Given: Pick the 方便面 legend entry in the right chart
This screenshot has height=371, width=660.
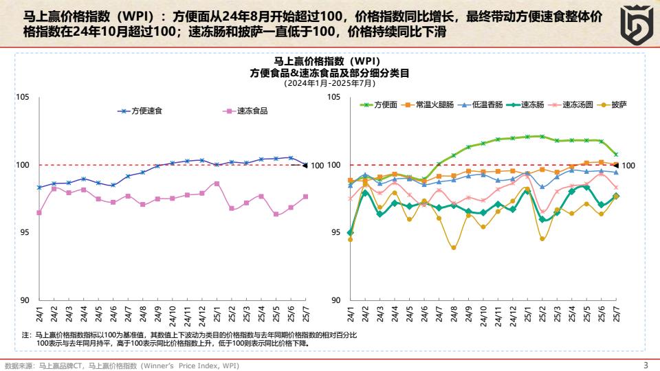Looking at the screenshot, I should click(x=385, y=105).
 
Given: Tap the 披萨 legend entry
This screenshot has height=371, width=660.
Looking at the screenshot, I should click(x=618, y=105).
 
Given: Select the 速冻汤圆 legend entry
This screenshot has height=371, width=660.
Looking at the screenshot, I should click(x=576, y=105).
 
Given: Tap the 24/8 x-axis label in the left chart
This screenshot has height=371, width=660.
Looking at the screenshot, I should click(x=143, y=315).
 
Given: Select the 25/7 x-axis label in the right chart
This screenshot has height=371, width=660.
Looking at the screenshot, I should click(x=617, y=315).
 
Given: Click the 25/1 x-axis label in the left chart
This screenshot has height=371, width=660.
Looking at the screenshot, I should click(x=217, y=315).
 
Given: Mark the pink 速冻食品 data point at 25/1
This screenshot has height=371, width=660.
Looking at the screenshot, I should click(x=217, y=183).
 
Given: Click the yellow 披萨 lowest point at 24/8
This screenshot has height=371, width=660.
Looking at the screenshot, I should click(x=454, y=247).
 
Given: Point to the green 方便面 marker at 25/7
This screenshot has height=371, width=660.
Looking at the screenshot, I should click(x=616, y=155).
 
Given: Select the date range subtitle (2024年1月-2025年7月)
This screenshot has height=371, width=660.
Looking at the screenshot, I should click(x=330, y=83).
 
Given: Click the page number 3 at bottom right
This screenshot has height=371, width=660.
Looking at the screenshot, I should click(x=645, y=365).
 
